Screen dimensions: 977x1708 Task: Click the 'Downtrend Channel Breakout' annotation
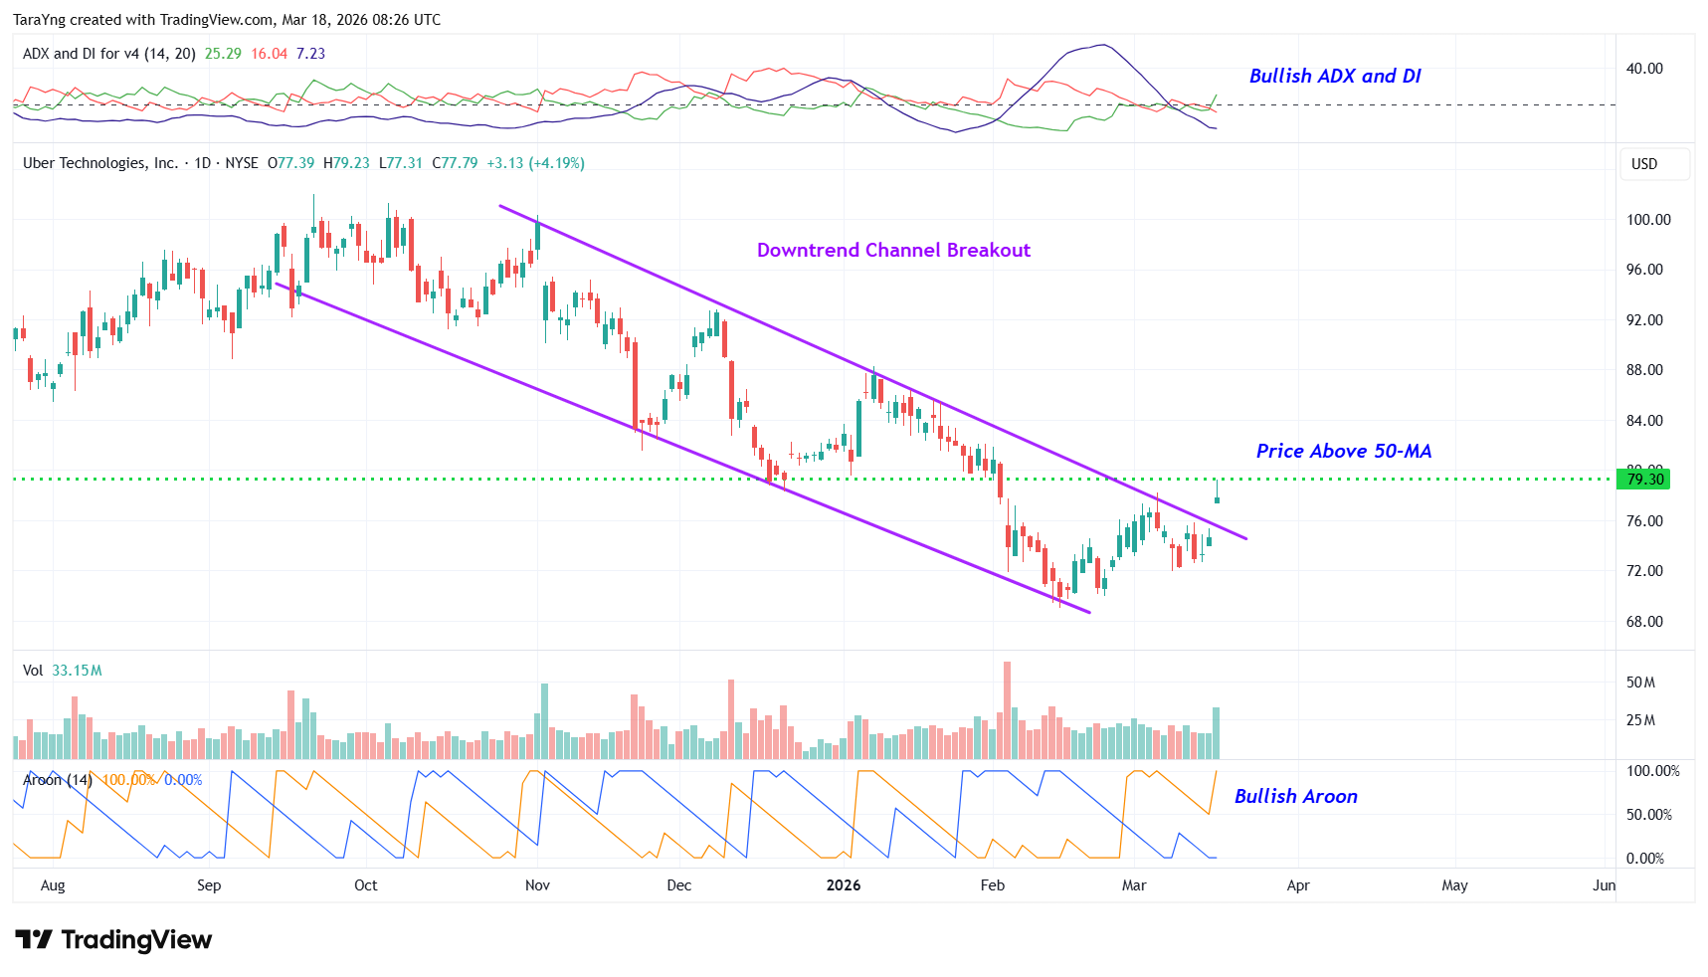893,250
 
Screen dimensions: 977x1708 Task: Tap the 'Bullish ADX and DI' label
1335,76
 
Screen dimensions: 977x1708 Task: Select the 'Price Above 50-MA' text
1343,451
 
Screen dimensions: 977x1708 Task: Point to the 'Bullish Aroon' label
1295,796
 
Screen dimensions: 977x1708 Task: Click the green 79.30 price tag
1644,480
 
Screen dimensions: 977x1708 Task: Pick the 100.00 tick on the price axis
1648,220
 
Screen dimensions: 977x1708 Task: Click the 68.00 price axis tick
1644,622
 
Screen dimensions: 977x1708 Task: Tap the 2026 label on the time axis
844,885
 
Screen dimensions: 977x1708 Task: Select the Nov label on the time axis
537,885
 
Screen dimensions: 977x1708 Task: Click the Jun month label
1604,885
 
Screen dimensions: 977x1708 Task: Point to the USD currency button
1644,164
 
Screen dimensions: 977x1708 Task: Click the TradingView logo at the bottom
114,940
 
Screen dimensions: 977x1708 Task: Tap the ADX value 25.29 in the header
223,54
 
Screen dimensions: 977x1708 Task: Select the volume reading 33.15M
77,671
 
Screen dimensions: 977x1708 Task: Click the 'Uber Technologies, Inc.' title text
100,163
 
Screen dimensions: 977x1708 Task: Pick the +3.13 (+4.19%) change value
535,163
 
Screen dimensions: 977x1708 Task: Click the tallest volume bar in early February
1007,710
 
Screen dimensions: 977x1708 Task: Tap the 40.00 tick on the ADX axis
1644,69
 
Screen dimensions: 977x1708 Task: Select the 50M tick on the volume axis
1640,683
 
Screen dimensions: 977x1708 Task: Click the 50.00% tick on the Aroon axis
1648,815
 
